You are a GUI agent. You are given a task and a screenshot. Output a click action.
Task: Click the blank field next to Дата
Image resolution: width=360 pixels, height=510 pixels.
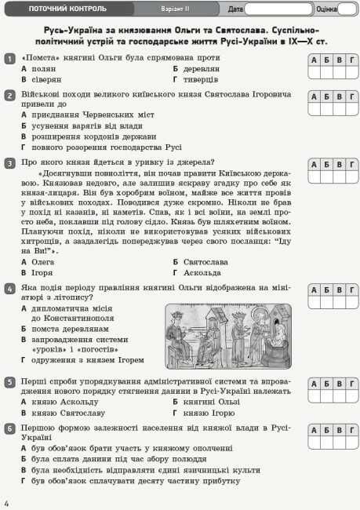[278, 9]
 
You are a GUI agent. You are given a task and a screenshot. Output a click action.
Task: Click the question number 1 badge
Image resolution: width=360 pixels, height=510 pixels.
[9, 59]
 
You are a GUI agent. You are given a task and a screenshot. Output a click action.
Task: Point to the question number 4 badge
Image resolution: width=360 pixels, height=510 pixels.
[9, 289]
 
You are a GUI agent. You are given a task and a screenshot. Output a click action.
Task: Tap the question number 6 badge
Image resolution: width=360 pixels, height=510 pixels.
[9, 428]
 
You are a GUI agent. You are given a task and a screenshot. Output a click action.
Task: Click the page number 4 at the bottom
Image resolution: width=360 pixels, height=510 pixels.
[6, 502]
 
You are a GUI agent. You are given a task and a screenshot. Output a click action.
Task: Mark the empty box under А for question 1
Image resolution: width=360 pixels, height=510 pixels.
[315, 73]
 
